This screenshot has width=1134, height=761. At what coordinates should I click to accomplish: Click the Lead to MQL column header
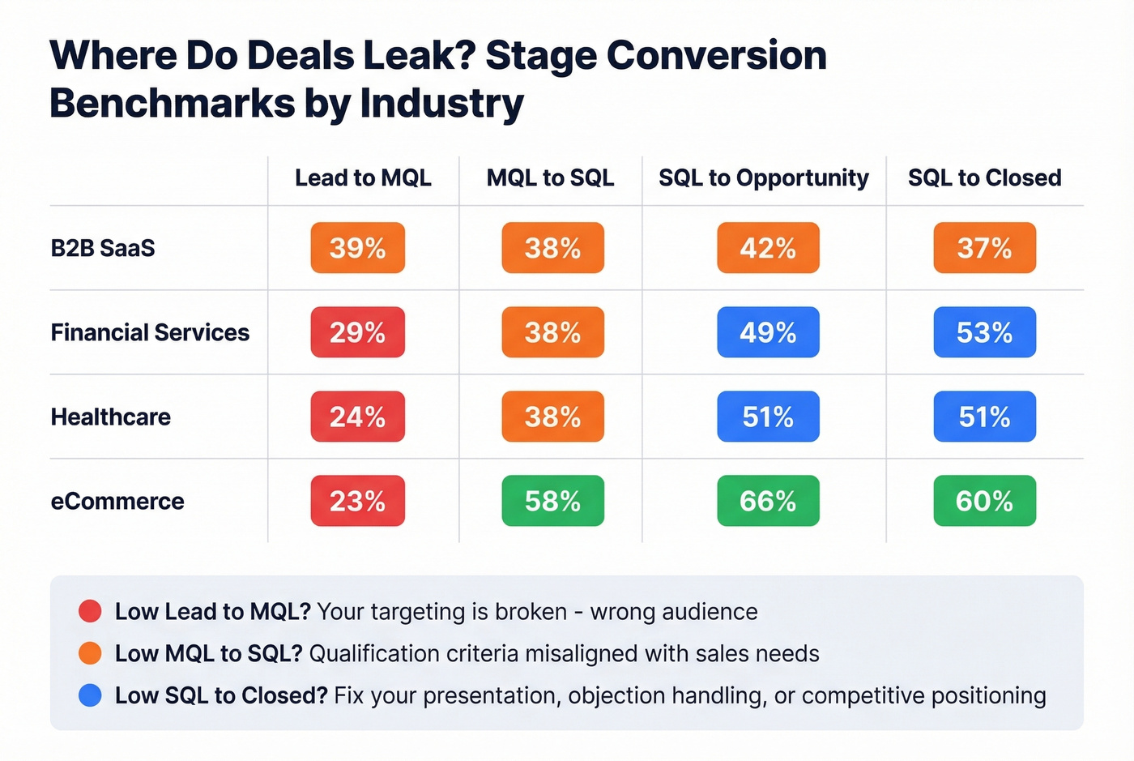[363, 177]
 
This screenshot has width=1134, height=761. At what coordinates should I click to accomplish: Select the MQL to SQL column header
[550, 177]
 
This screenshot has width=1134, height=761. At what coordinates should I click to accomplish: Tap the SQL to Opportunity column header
[763, 177]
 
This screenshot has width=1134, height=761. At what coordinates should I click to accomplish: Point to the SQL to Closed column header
[984, 177]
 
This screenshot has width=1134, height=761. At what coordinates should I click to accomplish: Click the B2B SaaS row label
[103, 248]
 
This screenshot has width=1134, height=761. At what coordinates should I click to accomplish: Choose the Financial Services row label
[150, 332]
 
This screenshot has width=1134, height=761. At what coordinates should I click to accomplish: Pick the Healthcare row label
[111, 417]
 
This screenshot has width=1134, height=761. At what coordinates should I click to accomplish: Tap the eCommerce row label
[117, 501]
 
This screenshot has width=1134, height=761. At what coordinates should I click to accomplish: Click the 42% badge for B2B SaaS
[768, 248]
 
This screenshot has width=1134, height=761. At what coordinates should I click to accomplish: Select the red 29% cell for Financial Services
[357, 332]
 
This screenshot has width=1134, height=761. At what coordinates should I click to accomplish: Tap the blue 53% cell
[984, 332]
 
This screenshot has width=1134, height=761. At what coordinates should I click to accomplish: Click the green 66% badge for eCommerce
[768, 501]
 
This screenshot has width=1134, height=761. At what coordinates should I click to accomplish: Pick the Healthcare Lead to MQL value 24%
[357, 417]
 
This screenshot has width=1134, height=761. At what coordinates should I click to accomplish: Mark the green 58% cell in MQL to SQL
[552, 501]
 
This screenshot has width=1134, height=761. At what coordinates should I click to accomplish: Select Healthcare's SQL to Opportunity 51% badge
[768, 417]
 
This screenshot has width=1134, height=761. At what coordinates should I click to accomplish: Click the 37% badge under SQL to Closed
[984, 248]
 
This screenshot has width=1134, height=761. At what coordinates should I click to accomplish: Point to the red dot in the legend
[90, 611]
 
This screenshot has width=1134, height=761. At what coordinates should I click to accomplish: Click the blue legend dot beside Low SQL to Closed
[90, 695]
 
